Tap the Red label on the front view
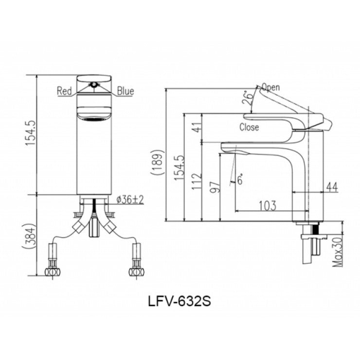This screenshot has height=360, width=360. click(65, 91)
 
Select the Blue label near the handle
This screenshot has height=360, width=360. click(125, 91)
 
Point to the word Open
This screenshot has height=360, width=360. click(270, 88)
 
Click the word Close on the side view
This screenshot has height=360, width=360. click(249, 127)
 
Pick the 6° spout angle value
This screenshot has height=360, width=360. click(239, 180)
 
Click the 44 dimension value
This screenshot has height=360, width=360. click(332, 186)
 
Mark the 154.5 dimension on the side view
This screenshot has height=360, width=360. click(177, 168)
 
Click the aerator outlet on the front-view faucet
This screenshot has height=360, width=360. click(94, 118)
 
